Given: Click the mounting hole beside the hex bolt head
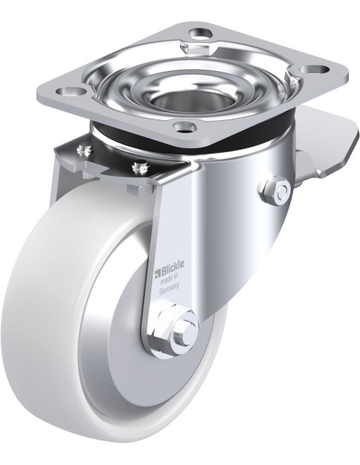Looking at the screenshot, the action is click(x=201, y=32).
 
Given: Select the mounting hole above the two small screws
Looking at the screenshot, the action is click(x=70, y=91).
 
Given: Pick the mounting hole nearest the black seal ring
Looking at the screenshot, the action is click(x=186, y=127).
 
